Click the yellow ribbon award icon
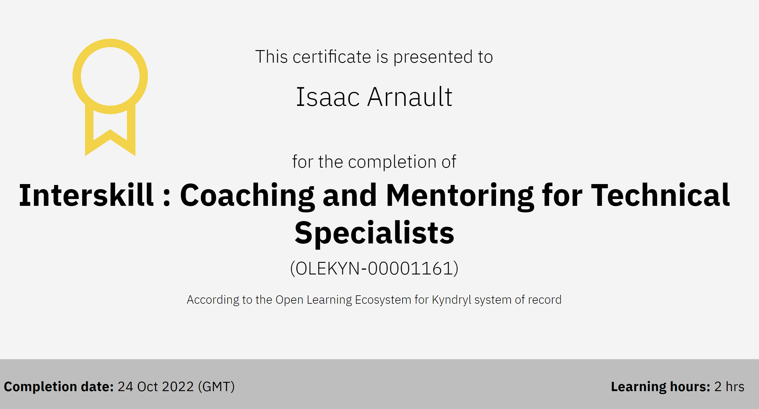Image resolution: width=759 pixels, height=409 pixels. (x=89, y=131)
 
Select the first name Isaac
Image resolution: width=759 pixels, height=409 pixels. (x=328, y=97)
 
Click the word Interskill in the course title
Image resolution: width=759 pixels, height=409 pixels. (x=86, y=195)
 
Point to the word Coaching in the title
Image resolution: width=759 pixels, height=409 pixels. (x=247, y=197)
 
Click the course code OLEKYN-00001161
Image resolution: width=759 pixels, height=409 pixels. (x=374, y=268)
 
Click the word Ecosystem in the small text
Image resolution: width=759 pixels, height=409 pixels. (x=383, y=300)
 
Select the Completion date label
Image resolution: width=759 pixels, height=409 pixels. (x=59, y=387)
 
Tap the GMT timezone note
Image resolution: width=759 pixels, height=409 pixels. (x=216, y=387)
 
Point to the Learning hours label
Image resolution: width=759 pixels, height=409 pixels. (x=661, y=387)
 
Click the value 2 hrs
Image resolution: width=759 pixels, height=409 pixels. (x=729, y=387)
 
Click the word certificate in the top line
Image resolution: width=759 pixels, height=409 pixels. (x=332, y=57)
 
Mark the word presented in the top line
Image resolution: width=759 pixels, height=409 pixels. (x=433, y=57)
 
